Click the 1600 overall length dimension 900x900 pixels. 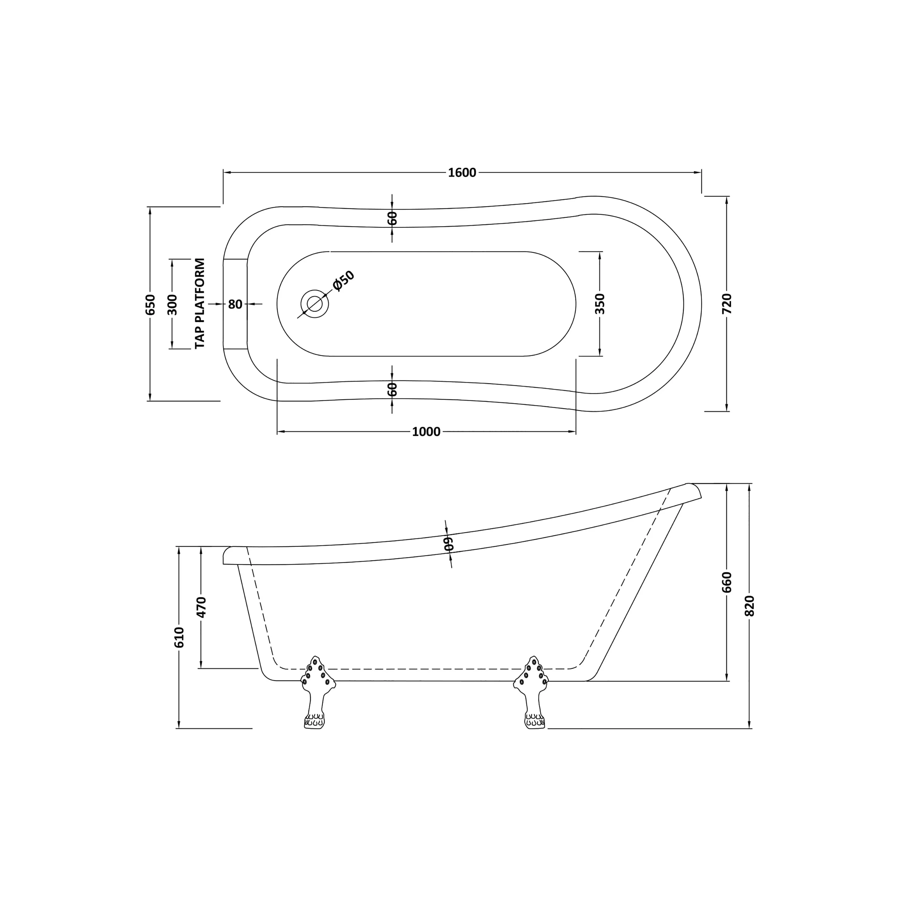pyautogui.click(x=462, y=173)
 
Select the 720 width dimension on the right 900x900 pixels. pyautogui.click(x=727, y=304)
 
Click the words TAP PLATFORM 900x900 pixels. pyautogui.click(x=200, y=304)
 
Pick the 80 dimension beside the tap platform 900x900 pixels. pyautogui.click(x=235, y=304)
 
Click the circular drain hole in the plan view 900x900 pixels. pyautogui.click(x=315, y=304)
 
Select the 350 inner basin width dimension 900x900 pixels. pyautogui.click(x=600, y=304)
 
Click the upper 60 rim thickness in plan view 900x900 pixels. pyautogui.click(x=392, y=218)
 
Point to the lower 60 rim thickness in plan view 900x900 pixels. pyautogui.click(x=392, y=389)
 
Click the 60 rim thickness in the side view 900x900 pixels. pyautogui.click(x=448, y=544)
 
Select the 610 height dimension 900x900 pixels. pyautogui.click(x=179, y=637)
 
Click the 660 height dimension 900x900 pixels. pyautogui.click(x=727, y=582)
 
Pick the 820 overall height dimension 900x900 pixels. pyautogui.click(x=749, y=606)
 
